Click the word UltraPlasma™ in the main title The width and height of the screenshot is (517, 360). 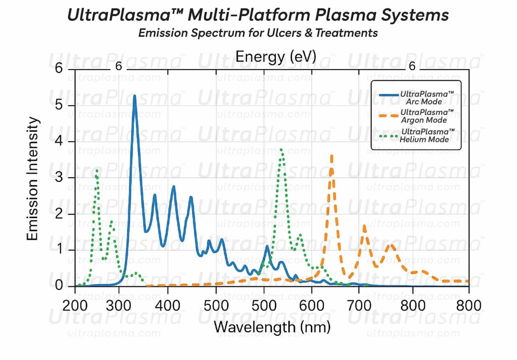coord(124,15)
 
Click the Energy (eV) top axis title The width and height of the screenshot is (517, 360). coord(276,57)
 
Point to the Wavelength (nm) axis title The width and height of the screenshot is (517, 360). coord(272,327)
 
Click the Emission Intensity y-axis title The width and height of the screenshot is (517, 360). coord(33,178)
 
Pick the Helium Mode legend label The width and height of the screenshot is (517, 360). coord(427,135)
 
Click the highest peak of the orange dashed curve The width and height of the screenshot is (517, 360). coord(331,156)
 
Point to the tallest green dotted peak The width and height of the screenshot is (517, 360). coord(281,149)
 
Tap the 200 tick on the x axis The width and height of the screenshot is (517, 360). coord(75,305)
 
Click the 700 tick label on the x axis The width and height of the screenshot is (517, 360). coord(359,305)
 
